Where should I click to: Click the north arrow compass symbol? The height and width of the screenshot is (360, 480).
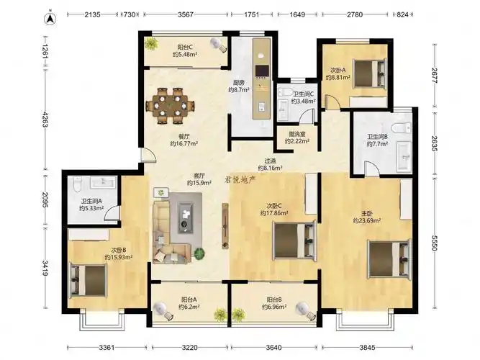pyautogui.click(x=50, y=19)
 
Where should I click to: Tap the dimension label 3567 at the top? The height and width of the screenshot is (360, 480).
pyautogui.click(x=186, y=14)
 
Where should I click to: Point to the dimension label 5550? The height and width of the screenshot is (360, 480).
pyautogui.click(x=434, y=243)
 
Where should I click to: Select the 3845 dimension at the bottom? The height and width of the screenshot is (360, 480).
pyautogui.click(x=367, y=347)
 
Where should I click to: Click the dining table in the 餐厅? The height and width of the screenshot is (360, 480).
pyautogui.click(x=171, y=106)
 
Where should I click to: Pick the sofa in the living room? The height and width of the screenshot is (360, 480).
pyautogui.click(x=170, y=233)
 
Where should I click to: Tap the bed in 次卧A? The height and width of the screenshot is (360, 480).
pyautogui.click(x=370, y=74)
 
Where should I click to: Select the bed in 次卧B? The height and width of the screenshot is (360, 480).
pyautogui.click(x=89, y=280)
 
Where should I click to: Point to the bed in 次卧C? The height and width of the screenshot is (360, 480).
pyautogui.click(x=294, y=240)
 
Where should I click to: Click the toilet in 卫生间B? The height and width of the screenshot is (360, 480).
pyautogui.click(x=402, y=127)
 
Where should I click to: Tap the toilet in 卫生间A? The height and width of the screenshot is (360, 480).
pyautogui.click(x=76, y=184)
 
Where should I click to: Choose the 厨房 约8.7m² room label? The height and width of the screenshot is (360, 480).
pyautogui.click(x=239, y=86)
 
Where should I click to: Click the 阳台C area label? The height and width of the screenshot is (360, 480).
pyautogui.click(x=185, y=51)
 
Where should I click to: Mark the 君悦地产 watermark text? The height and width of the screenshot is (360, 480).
pyautogui.click(x=240, y=179)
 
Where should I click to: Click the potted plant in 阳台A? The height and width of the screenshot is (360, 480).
pyautogui.click(x=220, y=315)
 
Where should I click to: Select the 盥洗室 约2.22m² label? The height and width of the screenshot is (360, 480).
pyautogui.click(x=297, y=138)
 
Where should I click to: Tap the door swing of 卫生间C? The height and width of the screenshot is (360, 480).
pyautogui.click(x=307, y=117)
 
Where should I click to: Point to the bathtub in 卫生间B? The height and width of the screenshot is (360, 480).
pyautogui.click(x=404, y=156)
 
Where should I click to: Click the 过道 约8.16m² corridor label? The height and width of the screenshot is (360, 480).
pyautogui.click(x=270, y=164)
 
